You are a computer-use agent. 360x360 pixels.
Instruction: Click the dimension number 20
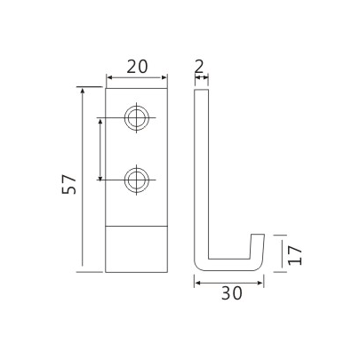click(136, 66)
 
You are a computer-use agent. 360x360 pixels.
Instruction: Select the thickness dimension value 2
click(199, 65)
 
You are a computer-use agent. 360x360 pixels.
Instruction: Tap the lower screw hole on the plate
click(136, 180)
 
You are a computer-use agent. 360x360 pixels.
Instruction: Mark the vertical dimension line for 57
click(82, 178)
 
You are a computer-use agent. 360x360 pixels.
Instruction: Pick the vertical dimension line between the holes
click(100, 149)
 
